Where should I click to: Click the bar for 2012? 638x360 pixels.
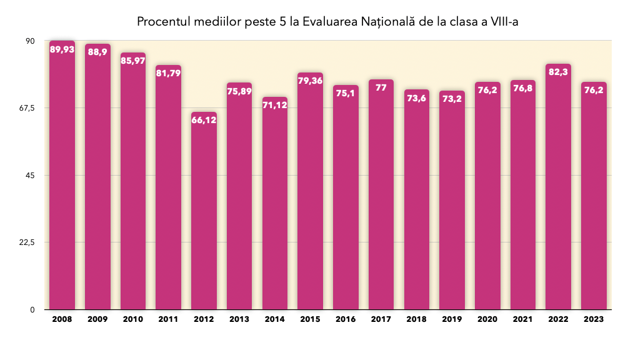pyautogui.click(x=204, y=212)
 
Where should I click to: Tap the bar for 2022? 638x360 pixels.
pyautogui.click(x=558, y=187)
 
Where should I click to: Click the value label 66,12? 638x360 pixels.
pyautogui.click(x=204, y=121)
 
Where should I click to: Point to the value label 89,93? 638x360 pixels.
pyautogui.click(x=62, y=49)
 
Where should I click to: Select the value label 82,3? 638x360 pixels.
pyautogui.click(x=558, y=72)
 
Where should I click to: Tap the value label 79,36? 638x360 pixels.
pyautogui.click(x=310, y=81)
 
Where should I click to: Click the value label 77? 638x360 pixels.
pyautogui.click(x=381, y=88)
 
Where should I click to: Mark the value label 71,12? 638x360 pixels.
pyautogui.click(x=275, y=106)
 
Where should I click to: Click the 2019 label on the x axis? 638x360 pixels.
pyautogui.click(x=452, y=319)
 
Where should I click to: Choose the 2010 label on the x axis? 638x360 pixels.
pyautogui.click(x=132, y=319)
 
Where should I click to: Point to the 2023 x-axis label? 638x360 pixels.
pyautogui.click(x=594, y=319)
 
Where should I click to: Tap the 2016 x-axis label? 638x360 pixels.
pyautogui.click(x=346, y=319)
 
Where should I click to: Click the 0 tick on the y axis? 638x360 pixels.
pyautogui.click(x=38, y=310)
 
